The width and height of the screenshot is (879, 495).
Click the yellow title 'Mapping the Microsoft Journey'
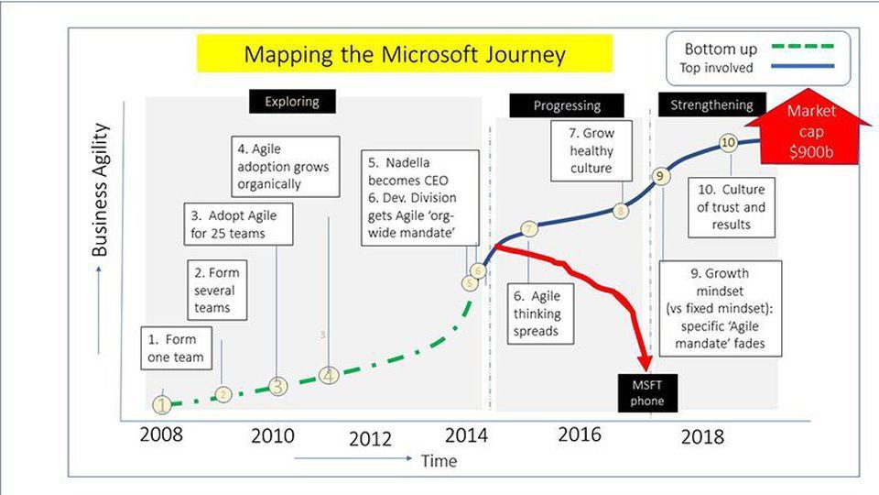[405, 54]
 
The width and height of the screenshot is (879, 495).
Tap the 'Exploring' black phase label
[292, 101]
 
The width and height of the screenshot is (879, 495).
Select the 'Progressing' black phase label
[567, 105]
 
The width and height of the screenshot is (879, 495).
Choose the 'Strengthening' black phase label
[711, 105]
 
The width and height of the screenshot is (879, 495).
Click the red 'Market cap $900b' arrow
[806, 127]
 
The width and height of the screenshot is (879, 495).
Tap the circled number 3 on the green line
[278, 386]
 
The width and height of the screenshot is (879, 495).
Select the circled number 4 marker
[329, 375]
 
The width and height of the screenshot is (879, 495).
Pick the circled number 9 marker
[659, 175]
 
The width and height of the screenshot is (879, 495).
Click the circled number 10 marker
[729, 143]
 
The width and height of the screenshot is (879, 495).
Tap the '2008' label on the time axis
[161, 434]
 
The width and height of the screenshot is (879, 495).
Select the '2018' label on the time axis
[702, 436]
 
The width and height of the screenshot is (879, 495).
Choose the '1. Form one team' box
[174, 348]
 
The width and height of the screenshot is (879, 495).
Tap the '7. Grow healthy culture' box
[591, 151]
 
